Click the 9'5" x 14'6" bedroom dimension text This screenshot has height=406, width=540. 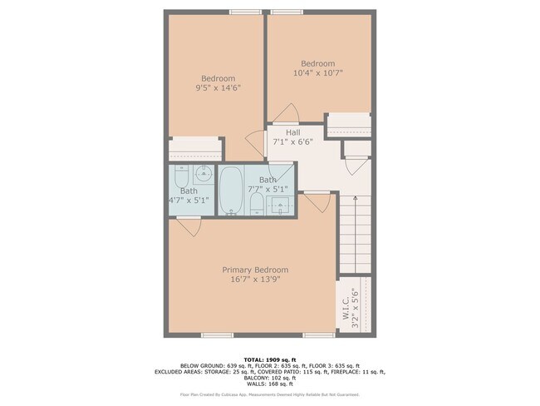click(x=212, y=87)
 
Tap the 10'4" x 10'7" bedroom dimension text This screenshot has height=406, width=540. click(x=317, y=73)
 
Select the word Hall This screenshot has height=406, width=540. click(x=293, y=132)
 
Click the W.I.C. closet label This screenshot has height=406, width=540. click(x=344, y=304)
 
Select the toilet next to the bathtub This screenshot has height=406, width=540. click(x=256, y=205)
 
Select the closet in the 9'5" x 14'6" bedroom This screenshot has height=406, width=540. click(x=195, y=150)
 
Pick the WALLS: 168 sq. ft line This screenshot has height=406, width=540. click(x=270, y=384)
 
